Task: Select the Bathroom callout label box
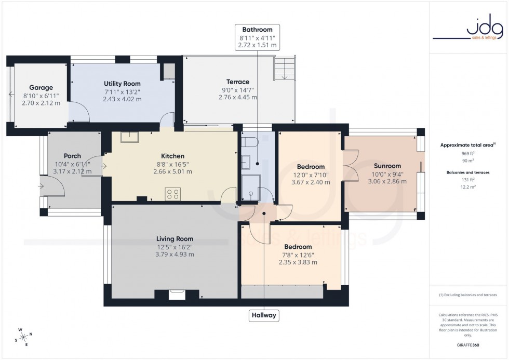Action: pyautogui.click(x=257, y=37)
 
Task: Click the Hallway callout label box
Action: pyautogui.click(x=264, y=315)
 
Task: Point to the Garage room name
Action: pyautogui.click(x=41, y=88)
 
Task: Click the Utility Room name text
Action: pyautogui.click(x=122, y=84)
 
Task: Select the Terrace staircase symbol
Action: pyautogui.click(x=284, y=68)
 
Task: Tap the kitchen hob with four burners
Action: pyautogui.click(x=173, y=194)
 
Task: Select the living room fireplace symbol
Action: pyautogui.click(x=177, y=295)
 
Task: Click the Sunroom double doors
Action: pyautogui.click(x=351, y=165)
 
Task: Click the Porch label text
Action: pyautogui.click(x=72, y=156)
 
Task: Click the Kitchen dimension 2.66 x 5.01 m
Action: pyautogui.click(x=172, y=171)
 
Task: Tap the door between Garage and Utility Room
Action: pyautogui.click(x=78, y=112)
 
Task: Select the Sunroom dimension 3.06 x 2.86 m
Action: pyautogui.click(x=387, y=181)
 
